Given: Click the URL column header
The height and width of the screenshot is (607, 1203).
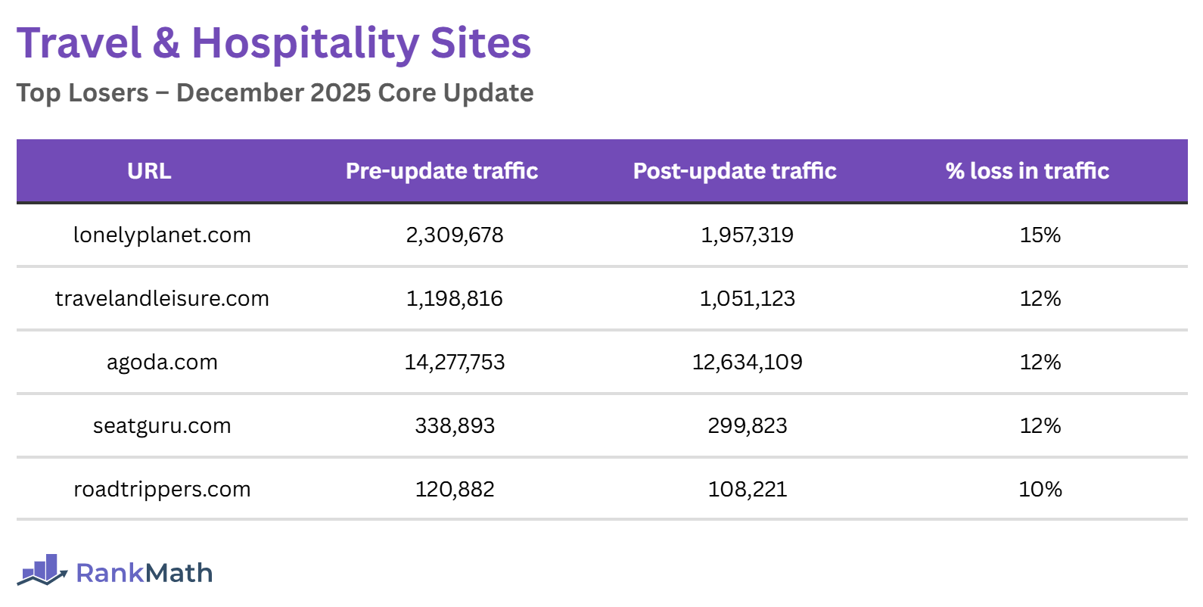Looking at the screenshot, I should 149,171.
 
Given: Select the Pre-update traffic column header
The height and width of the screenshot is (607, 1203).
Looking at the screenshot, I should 442,171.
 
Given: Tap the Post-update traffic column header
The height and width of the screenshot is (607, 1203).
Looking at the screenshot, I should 735,171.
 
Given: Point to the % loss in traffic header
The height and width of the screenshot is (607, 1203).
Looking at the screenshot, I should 1027,171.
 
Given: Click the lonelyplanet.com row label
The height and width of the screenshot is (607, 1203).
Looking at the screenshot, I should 162,235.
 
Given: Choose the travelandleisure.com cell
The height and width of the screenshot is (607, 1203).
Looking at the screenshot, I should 162,299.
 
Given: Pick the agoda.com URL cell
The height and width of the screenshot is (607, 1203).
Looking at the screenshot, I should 162,363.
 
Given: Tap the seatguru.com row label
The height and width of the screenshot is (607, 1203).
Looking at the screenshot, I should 162,426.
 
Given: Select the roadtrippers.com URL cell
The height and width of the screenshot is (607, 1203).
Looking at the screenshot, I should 162,490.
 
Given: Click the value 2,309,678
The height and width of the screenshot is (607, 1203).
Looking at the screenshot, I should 454,235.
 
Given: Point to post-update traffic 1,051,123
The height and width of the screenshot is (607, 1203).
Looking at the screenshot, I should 747,299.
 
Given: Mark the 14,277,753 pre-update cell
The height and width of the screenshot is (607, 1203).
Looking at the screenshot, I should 454,363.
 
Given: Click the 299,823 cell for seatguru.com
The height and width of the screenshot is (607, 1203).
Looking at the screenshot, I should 747,426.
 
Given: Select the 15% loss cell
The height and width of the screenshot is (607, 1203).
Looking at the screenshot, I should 1040,235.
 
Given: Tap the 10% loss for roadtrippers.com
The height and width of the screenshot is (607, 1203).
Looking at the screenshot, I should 1040,490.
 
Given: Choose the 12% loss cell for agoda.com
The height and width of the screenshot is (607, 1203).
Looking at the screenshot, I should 1040,363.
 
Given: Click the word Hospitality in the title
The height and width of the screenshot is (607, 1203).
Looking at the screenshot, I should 305,44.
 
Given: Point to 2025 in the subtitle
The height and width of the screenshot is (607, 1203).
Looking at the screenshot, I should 340,93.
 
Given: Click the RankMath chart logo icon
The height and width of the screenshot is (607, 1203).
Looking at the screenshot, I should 42,570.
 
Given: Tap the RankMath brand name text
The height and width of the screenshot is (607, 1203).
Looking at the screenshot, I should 144,573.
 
